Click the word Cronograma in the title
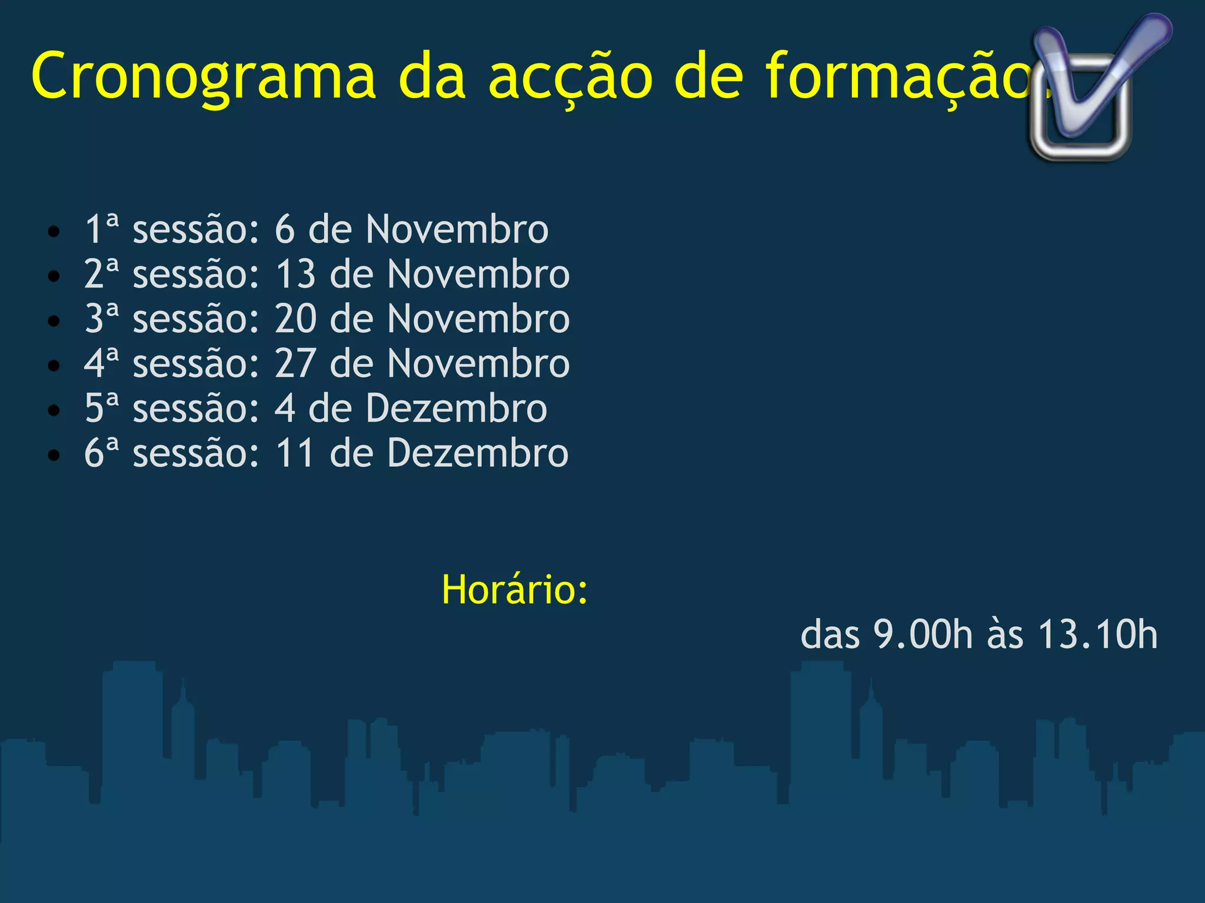pos(203,76)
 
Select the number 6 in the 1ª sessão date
pos(285,229)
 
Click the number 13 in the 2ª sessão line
pos(295,274)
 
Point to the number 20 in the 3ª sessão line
pos(295,319)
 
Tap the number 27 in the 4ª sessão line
pos(295,363)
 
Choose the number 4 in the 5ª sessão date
pos(285,408)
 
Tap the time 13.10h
pos(1098,634)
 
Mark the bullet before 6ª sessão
pos(54,456)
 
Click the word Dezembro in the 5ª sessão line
pos(457,408)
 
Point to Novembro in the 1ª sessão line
pos(457,229)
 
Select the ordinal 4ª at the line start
pos(101,363)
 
